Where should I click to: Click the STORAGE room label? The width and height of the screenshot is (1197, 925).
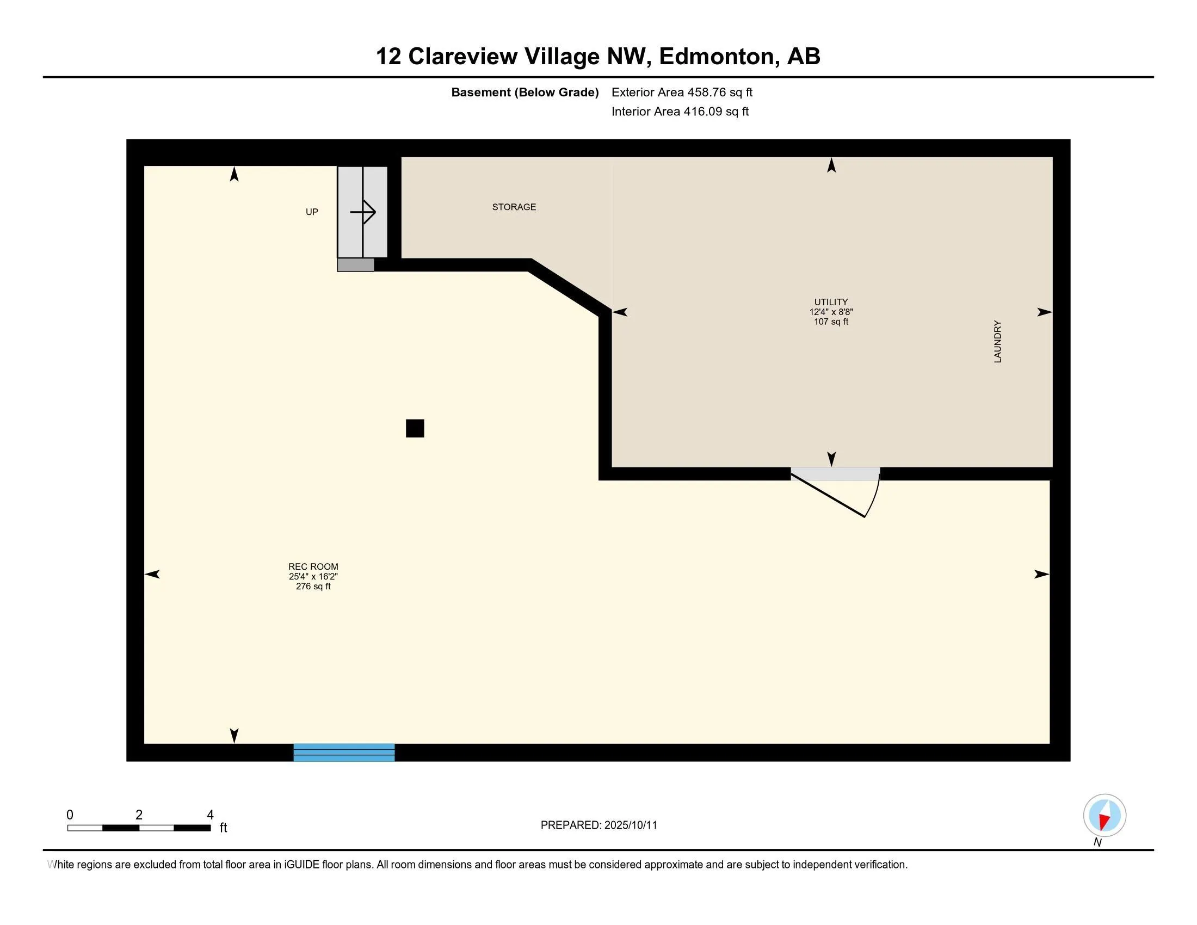point(514,207)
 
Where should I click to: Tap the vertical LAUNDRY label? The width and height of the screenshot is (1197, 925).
point(997,341)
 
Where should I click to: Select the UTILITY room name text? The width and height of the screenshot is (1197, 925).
point(830,302)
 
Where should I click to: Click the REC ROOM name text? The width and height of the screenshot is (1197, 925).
point(313,566)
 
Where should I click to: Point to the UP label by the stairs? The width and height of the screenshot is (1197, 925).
point(311,212)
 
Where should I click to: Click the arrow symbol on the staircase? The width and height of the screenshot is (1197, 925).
point(363,212)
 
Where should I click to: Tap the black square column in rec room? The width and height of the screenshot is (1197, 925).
point(415,428)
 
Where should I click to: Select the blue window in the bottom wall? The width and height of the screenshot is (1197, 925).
point(344,752)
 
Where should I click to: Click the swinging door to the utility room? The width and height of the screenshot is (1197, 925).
point(836,493)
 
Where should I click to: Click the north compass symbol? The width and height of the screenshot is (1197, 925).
point(1104,816)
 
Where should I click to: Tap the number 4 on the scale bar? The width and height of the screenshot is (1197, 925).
point(210,815)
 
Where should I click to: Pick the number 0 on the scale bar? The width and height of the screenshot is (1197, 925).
point(70,815)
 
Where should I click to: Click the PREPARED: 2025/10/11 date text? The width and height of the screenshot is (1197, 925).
point(598,825)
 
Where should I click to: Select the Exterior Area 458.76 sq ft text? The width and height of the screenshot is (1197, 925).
point(681,92)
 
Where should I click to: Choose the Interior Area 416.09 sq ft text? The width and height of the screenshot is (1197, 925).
point(680,112)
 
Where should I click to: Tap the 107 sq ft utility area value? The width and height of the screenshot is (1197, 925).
point(830,322)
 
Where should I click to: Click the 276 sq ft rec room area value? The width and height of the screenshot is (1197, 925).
point(313,587)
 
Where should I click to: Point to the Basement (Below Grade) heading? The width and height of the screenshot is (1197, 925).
point(525,92)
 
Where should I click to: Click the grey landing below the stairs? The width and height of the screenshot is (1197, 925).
point(355,265)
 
